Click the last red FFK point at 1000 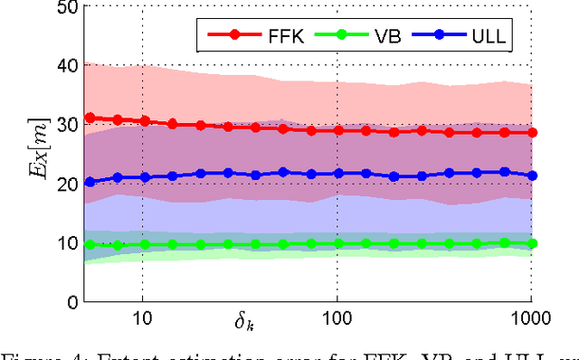tap(532, 132)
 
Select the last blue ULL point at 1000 tap(532, 175)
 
